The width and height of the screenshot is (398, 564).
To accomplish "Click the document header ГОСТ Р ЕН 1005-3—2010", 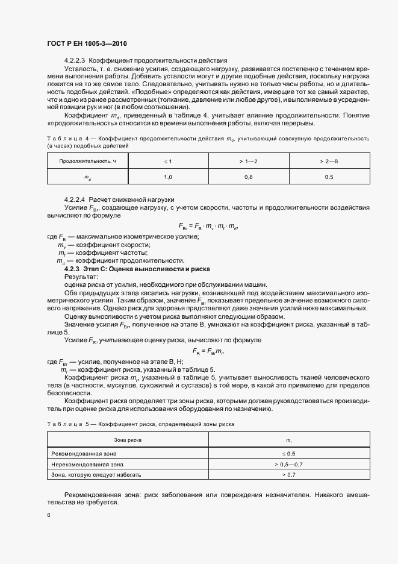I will [x=86, y=44].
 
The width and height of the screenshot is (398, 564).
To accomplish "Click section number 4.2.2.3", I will [x=75, y=61].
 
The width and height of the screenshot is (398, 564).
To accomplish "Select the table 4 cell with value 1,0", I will [x=168, y=177].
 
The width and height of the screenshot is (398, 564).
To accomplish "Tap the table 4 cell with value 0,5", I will [x=329, y=177].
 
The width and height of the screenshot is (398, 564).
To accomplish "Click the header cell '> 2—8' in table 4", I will [x=329, y=161].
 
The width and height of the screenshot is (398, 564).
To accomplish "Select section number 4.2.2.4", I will [x=75, y=199].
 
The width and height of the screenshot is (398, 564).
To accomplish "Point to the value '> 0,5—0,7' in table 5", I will [x=288, y=465].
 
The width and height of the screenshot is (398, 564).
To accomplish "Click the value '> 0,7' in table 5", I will [x=288, y=475].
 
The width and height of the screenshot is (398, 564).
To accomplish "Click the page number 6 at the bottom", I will [x=49, y=515].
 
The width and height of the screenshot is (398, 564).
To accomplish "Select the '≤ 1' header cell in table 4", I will [x=168, y=161].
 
